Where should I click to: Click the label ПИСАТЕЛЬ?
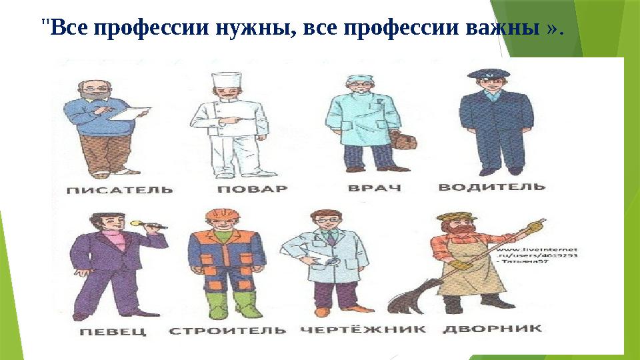(x=121, y=189)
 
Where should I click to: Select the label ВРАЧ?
(x=375, y=188)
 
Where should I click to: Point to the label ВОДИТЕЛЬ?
(x=491, y=187)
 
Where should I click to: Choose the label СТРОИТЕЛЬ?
(x=227, y=331)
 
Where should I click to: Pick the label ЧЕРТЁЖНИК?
(x=363, y=329)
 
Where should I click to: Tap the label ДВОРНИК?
(x=493, y=329)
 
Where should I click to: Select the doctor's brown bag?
(x=404, y=141)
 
